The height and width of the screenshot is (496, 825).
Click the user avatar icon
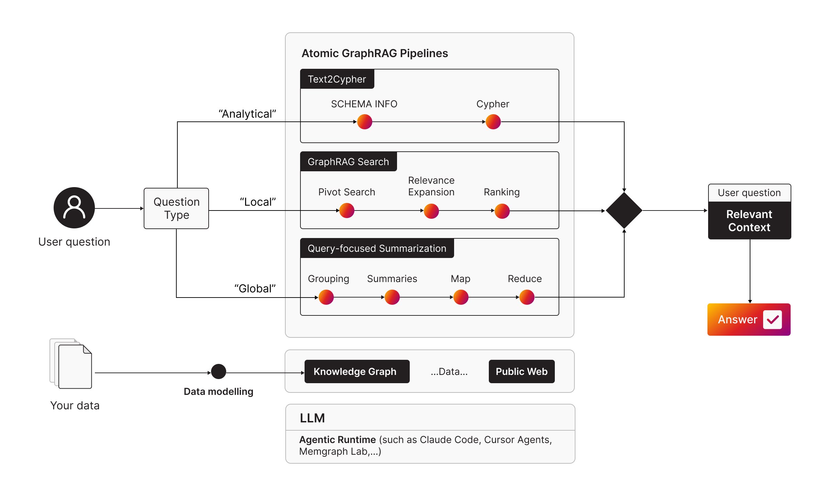click(74, 208)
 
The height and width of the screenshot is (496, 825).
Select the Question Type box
click(176, 208)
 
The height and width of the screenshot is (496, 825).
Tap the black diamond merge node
click(624, 210)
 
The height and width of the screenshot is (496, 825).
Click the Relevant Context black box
click(749, 220)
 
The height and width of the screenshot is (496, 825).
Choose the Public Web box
click(521, 371)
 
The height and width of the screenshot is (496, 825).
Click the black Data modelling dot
click(219, 371)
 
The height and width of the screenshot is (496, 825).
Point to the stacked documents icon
click(71, 364)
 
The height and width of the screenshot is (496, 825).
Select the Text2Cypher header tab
click(337, 79)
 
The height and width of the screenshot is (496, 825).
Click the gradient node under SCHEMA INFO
click(365, 122)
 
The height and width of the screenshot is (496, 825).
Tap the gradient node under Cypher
click(493, 122)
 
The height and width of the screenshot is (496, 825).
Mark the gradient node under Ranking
click(502, 211)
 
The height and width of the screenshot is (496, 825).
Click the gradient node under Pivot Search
click(347, 211)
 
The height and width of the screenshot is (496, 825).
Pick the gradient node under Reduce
click(527, 297)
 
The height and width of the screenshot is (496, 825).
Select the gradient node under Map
click(461, 297)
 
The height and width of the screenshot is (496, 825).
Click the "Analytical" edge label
click(247, 114)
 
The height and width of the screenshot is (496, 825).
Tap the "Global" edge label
click(255, 289)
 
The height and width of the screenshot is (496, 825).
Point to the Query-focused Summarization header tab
click(377, 248)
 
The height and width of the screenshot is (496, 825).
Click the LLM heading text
click(312, 418)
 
